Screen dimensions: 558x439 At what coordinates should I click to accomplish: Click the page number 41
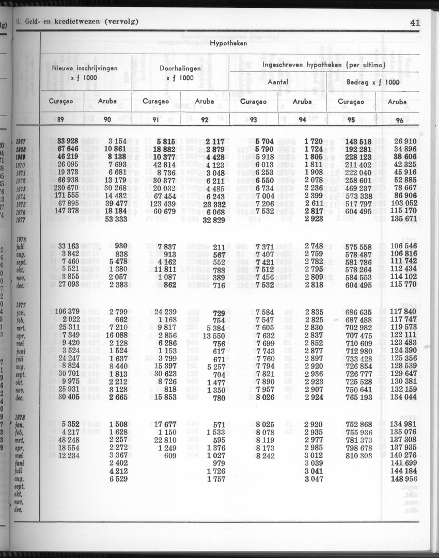[x=415, y=22]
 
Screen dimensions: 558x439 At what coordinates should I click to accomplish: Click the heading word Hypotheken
[x=228, y=43]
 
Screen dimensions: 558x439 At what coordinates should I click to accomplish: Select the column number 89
[x=60, y=120]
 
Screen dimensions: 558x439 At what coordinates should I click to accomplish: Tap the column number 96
[x=399, y=121]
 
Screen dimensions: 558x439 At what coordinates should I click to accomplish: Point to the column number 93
[x=253, y=120]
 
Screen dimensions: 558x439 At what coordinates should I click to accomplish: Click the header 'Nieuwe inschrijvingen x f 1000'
[x=85, y=73]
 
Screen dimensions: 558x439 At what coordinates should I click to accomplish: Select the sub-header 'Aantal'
[x=277, y=82]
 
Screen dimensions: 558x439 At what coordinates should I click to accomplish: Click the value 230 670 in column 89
[x=65, y=188]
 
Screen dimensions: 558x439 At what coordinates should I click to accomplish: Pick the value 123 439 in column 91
[x=162, y=203]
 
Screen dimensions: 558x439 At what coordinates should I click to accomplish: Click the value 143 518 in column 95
[x=358, y=141]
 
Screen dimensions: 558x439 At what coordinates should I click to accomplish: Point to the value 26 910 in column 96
[x=405, y=141]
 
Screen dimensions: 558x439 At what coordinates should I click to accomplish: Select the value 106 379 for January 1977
[x=67, y=312]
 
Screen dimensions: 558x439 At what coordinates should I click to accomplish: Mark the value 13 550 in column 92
[x=213, y=336]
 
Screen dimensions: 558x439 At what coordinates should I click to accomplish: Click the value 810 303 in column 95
[x=358, y=456]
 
